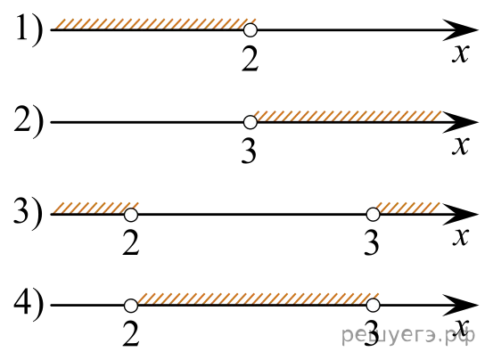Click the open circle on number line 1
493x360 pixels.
click(251, 30)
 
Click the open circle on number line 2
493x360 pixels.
click(251, 122)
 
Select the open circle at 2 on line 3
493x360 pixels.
click(131, 215)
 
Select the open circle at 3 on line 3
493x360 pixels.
click(373, 215)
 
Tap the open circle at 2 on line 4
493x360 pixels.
click(131, 306)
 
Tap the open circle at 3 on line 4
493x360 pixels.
click(373, 306)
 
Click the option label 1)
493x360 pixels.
click(29, 31)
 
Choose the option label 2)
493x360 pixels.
click(29, 122)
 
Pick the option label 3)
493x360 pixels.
click(29, 214)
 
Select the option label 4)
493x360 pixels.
click(29, 306)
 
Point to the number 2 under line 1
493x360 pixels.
click(251, 60)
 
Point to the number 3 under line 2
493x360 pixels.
click(250, 151)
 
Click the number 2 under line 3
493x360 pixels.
click(131, 243)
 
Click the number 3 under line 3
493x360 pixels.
click(372, 243)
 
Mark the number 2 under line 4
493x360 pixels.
click(131, 334)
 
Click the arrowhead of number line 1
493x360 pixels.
click(462, 30)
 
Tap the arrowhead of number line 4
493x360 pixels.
click(462, 306)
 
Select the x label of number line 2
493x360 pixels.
click(461, 146)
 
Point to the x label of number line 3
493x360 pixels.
click(461, 237)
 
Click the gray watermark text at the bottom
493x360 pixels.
click(408, 335)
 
